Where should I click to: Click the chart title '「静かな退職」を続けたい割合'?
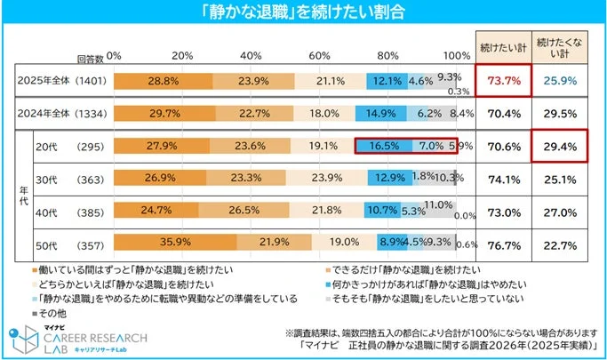coord(303,12)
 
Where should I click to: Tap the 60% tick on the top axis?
coord(320,56)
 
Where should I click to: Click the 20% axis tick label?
coord(182,56)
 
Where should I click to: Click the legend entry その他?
coord(51,314)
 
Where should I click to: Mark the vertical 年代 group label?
coord(12,196)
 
